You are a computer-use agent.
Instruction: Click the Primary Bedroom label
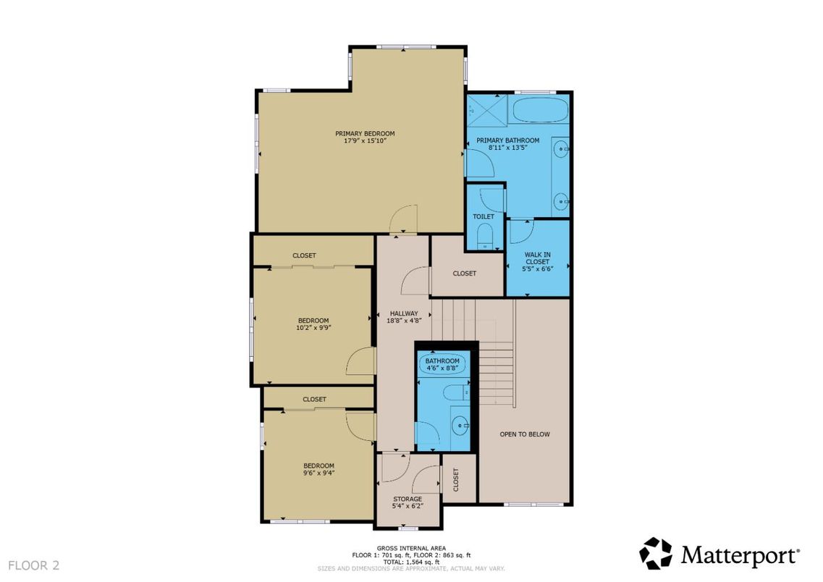click(365, 133)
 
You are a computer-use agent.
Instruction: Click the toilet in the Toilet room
click(484, 235)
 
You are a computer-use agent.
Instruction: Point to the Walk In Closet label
click(536, 257)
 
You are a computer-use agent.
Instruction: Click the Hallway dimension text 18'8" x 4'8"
click(403, 320)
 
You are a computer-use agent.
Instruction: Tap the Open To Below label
click(525, 434)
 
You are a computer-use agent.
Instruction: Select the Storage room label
click(408, 499)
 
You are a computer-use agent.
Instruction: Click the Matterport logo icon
click(656, 554)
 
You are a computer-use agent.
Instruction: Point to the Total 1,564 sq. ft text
click(410, 562)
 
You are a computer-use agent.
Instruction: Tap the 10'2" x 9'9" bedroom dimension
click(313, 327)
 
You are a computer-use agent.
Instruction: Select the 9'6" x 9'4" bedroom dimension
click(318, 473)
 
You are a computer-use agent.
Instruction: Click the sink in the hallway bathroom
click(458, 425)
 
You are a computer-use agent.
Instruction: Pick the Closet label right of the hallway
click(464, 273)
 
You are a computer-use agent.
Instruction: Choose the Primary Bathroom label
click(507, 140)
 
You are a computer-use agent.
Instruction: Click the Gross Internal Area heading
click(410, 548)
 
